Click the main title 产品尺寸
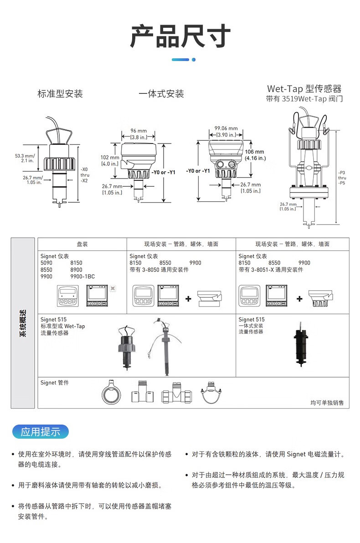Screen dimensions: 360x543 (x=180, y=36)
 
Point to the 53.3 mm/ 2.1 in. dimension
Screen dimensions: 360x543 (x=25, y=158)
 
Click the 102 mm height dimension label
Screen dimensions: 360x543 (x=110, y=160)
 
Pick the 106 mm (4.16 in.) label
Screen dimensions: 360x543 (x=255, y=155)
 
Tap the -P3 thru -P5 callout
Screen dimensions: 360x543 (x=342, y=178)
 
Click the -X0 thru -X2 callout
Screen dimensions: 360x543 (x=85, y=175)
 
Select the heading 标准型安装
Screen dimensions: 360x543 (x=60, y=93)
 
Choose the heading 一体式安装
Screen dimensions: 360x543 (x=161, y=93)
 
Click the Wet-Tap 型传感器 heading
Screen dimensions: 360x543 (x=304, y=89)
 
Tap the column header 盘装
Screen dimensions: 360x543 (x=82, y=244)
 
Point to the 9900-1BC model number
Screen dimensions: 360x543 (x=82, y=277)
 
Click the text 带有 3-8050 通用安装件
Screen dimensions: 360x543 (x=159, y=269)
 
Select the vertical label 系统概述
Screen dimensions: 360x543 (x=22, y=323)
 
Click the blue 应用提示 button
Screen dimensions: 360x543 (x=41, y=431)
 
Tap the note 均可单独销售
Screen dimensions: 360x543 (x=327, y=402)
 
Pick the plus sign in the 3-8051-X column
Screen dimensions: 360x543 (x=299, y=298)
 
